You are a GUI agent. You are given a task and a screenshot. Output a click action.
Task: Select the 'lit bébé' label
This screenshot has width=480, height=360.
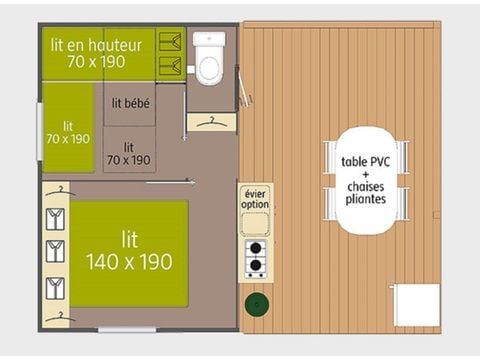pos(130,102)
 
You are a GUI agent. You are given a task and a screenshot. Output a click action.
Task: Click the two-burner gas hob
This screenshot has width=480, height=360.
pos(255,258)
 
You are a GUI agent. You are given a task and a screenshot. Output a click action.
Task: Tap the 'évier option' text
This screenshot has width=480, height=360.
pos(255,198)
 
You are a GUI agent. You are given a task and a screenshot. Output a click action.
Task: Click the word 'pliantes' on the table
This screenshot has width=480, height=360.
pos(366,199)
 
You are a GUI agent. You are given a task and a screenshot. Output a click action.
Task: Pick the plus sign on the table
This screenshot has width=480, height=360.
pos(366,174)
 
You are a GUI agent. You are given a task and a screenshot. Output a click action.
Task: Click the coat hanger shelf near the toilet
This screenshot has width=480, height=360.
pos(211,121)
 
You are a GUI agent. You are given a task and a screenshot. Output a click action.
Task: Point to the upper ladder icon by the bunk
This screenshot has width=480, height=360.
pos(173,43)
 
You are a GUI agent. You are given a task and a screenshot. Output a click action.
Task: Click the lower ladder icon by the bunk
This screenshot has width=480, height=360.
pos(173,67)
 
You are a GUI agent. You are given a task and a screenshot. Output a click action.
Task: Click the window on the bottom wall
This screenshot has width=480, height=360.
pos(126,329)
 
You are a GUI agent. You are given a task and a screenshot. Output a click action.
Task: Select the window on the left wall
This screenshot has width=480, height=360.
pos(40,131)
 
